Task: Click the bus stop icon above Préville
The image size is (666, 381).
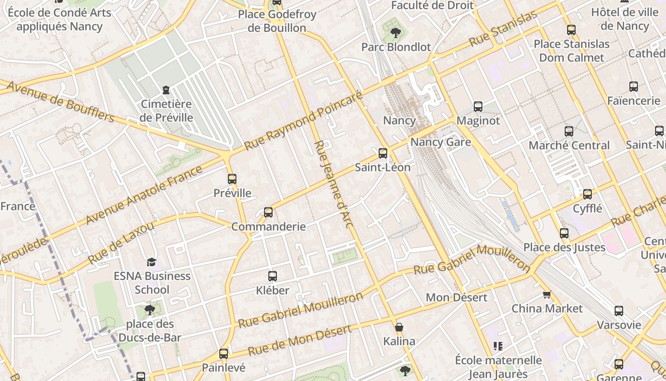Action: tap(232, 179)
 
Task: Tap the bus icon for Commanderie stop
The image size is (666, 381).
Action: tap(268, 212)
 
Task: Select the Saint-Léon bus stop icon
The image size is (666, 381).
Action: tap(383, 153)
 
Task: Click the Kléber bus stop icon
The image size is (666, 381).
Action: tap(273, 276)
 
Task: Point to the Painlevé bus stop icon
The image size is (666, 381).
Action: tap(224, 354)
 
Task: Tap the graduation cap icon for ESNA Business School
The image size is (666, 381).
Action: tap(151, 262)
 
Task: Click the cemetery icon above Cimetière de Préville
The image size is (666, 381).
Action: tap(166, 90)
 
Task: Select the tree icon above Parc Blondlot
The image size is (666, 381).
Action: tap(395, 33)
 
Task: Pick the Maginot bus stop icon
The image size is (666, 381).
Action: tap(478, 107)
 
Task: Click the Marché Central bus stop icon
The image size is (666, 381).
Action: tap(569, 131)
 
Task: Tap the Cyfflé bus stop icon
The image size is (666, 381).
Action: tap(588, 194)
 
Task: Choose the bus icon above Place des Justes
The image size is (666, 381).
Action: tap(564, 233)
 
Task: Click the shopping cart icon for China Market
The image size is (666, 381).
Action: tap(547, 294)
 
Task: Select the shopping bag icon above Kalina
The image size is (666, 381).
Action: tap(399, 327)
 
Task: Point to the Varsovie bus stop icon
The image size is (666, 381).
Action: tap(619, 311)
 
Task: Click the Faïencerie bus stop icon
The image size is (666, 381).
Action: tap(634, 87)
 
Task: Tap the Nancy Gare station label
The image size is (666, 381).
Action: tap(441, 142)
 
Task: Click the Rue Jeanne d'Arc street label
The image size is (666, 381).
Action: tap(333, 184)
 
